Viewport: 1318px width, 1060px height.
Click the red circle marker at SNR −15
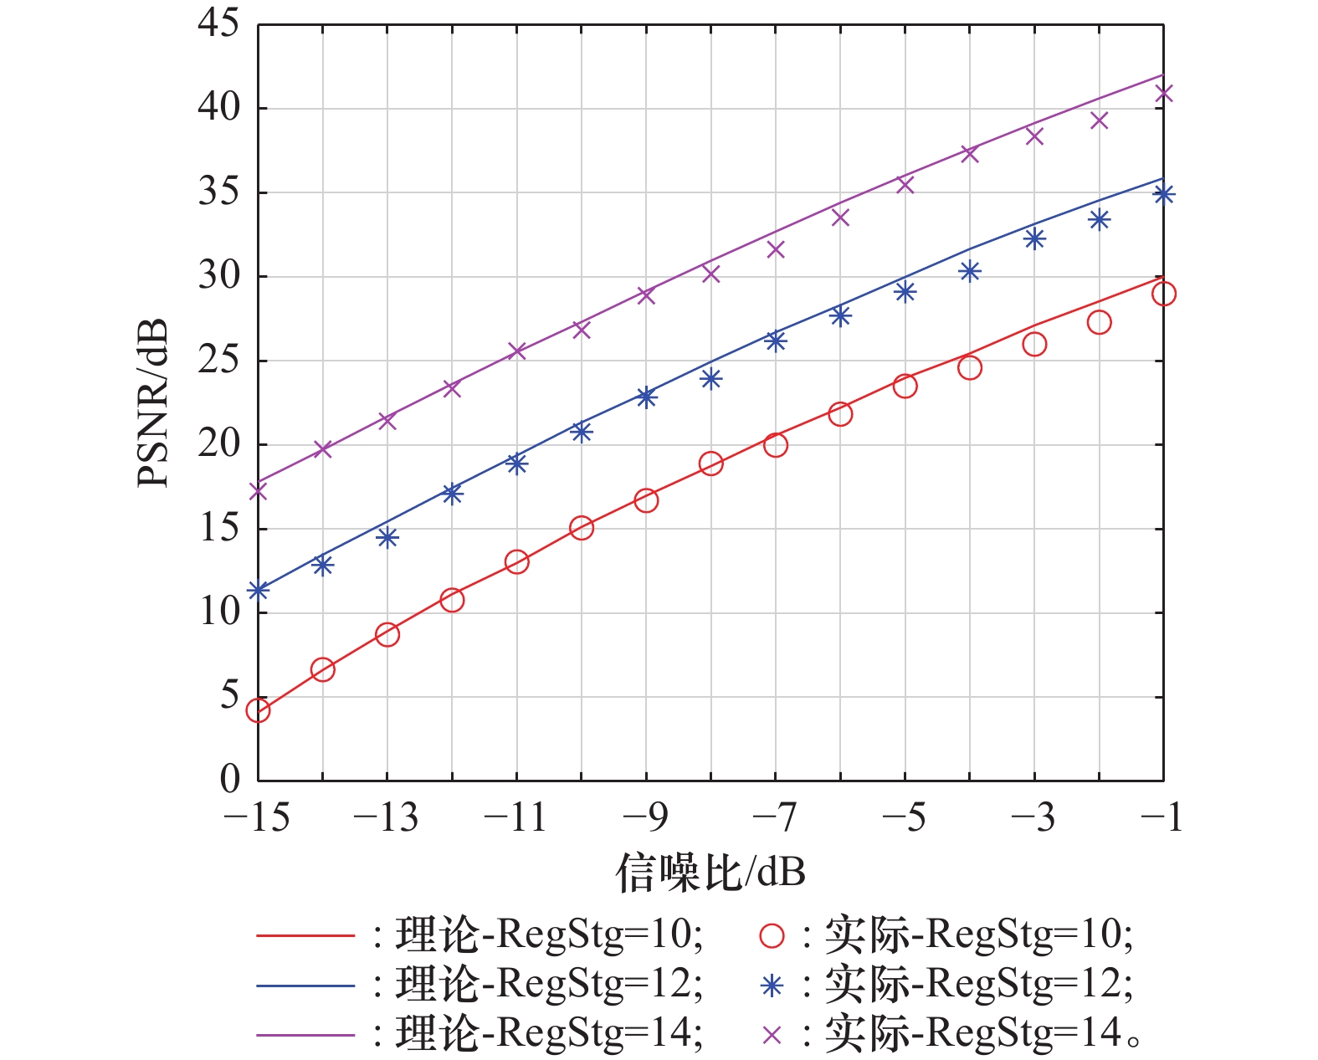(258, 710)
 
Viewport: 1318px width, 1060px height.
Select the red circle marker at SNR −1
(1163, 294)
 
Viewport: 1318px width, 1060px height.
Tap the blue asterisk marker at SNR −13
(387, 537)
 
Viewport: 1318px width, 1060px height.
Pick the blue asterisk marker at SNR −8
(710, 379)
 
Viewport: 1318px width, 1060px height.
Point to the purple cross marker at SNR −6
(840, 218)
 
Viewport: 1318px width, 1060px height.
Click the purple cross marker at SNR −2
(1099, 120)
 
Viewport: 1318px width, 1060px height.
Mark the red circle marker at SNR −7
(776, 445)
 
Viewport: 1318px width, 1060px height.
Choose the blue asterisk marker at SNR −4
(969, 271)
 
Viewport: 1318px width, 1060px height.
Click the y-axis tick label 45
(218, 23)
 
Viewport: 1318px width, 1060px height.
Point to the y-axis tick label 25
(218, 361)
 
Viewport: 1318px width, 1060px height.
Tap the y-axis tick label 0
(229, 780)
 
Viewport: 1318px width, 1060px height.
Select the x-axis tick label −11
(515, 817)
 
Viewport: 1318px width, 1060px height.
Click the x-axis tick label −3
(1033, 817)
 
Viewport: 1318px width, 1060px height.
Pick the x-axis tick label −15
(257, 817)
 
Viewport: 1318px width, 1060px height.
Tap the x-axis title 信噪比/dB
(710, 873)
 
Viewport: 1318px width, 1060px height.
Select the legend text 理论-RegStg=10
(548, 935)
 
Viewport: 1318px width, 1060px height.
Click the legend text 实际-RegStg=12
(979, 985)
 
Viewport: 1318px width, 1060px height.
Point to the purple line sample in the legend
(305, 1035)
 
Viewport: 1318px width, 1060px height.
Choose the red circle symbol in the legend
(772, 935)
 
